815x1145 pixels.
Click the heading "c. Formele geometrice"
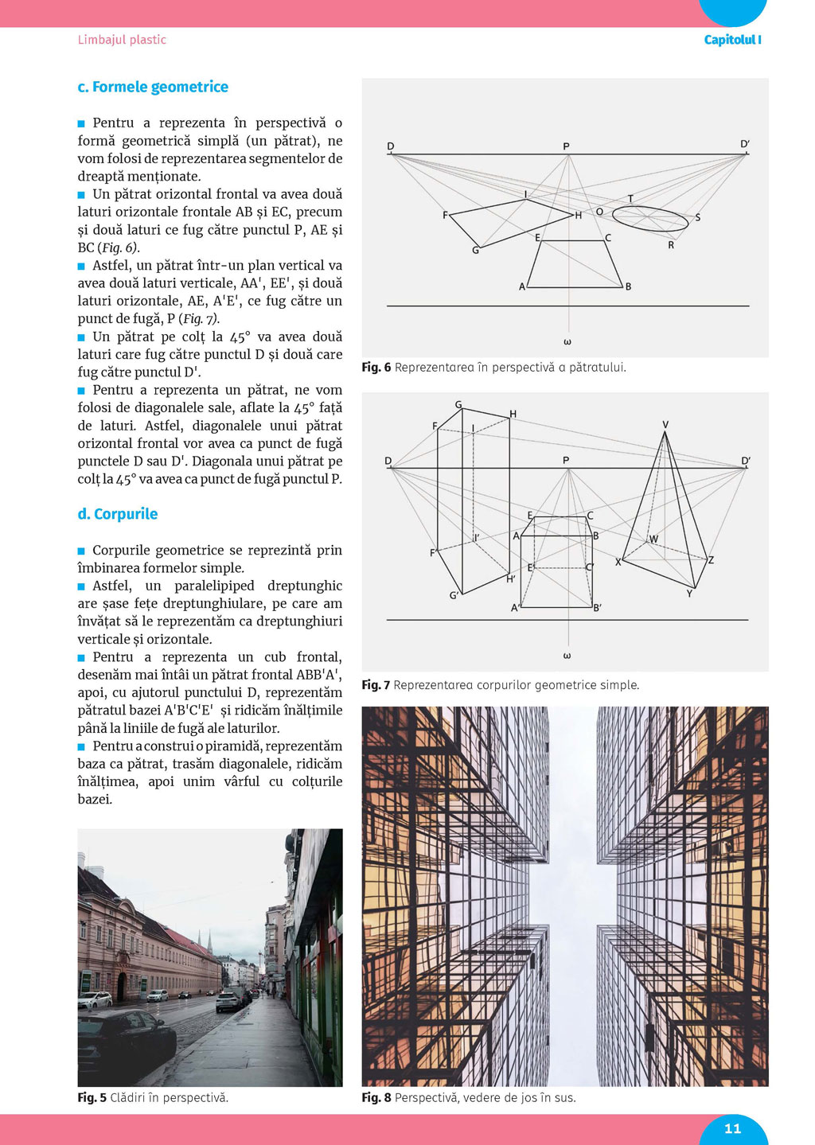(153, 87)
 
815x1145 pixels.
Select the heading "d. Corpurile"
(118, 514)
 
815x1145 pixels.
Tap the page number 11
(733, 1128)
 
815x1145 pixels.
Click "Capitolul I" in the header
(732, 40)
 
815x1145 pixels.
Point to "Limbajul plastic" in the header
(122, 40)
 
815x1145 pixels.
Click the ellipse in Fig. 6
(650, 219)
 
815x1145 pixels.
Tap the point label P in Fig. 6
(566, 146)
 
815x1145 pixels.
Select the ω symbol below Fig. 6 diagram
(567, 342)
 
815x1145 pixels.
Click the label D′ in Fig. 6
(745, 145)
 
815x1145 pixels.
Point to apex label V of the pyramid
(665, 425)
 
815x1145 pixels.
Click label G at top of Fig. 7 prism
(458, 405)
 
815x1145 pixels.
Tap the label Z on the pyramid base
(711, 560)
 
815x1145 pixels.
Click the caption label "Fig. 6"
(376, 368)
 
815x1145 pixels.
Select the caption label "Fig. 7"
(376, 685)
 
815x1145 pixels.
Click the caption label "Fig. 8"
(376, 1098)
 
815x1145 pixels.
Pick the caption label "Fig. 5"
(92, 1098)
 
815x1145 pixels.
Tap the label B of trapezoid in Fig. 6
(628, 286)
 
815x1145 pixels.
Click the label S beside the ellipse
(698, 218)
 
